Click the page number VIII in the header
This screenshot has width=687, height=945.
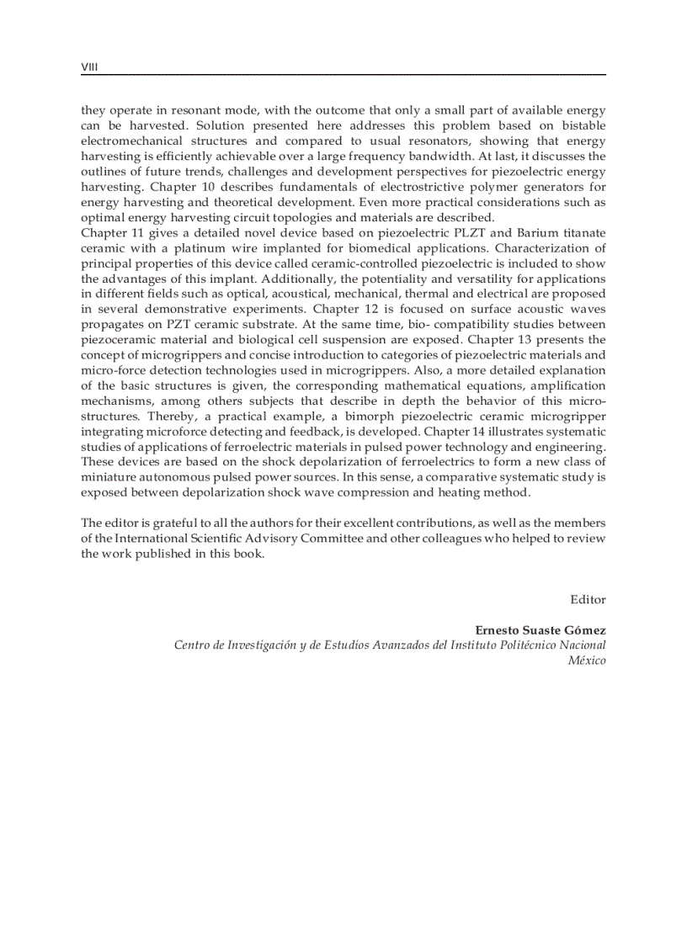tap(89, 66)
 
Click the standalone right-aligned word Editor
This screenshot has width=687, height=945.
tap(588, 599)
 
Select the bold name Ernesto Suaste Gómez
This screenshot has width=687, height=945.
tap(541, 629)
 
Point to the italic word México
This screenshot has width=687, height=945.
tap(587, 661)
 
